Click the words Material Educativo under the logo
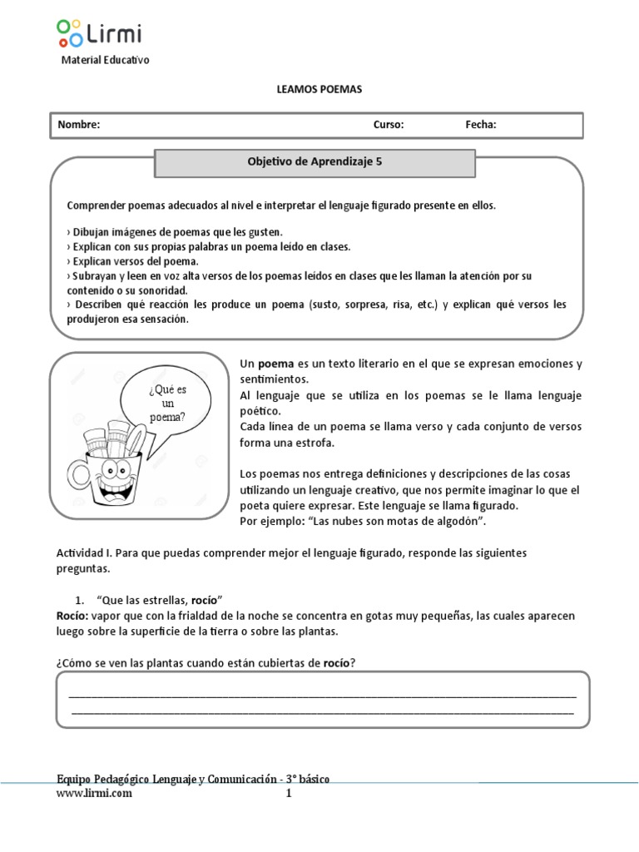point(106,61)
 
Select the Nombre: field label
point(78,125)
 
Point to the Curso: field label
point(388,125)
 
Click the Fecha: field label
point(481,125)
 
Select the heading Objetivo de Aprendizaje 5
point(315,163)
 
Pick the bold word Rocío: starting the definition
point(74,616)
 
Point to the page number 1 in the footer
point(289,793)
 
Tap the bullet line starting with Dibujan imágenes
point(175,231)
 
